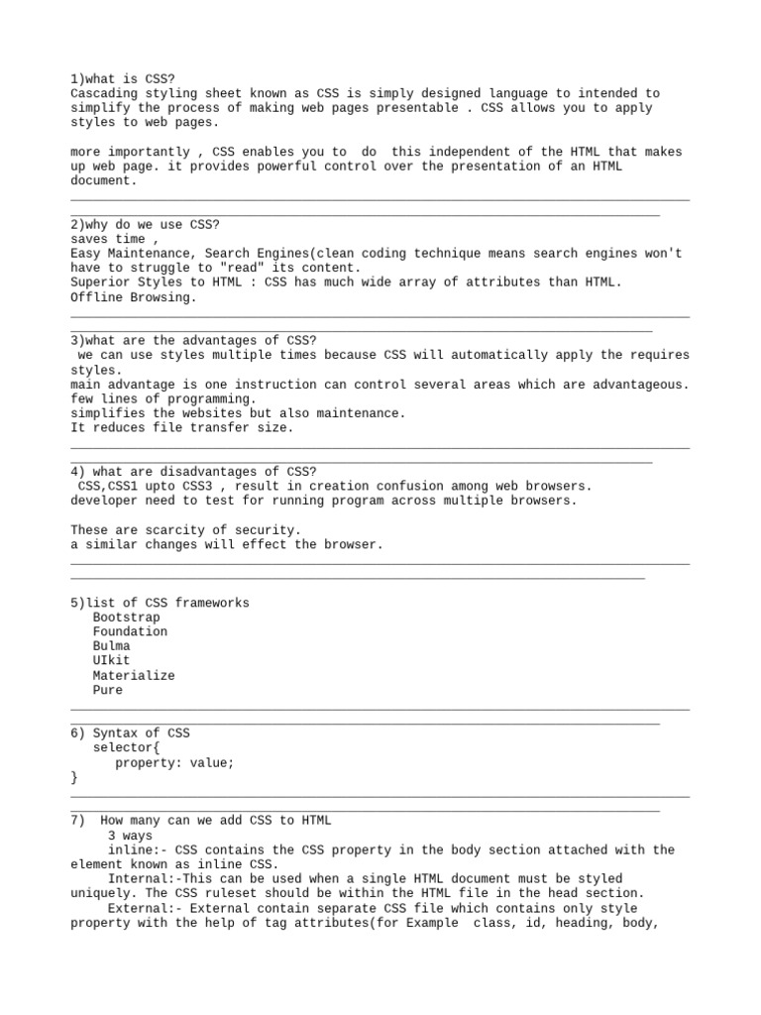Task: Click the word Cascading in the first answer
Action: click(104, 93)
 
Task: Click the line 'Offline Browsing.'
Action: click(134, 296)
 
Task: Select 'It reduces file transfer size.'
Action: click(182, 427)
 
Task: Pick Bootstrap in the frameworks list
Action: click(126, 618)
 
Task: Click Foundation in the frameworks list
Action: click(130, 631)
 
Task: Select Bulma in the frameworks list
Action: click(111, 646)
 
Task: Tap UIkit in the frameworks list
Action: click(111, 660)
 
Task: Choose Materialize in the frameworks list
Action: click(134, 675)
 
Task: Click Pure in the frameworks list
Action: click(108, 690)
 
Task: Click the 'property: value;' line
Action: click(174, 762)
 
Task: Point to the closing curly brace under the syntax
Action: click(74, 777)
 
